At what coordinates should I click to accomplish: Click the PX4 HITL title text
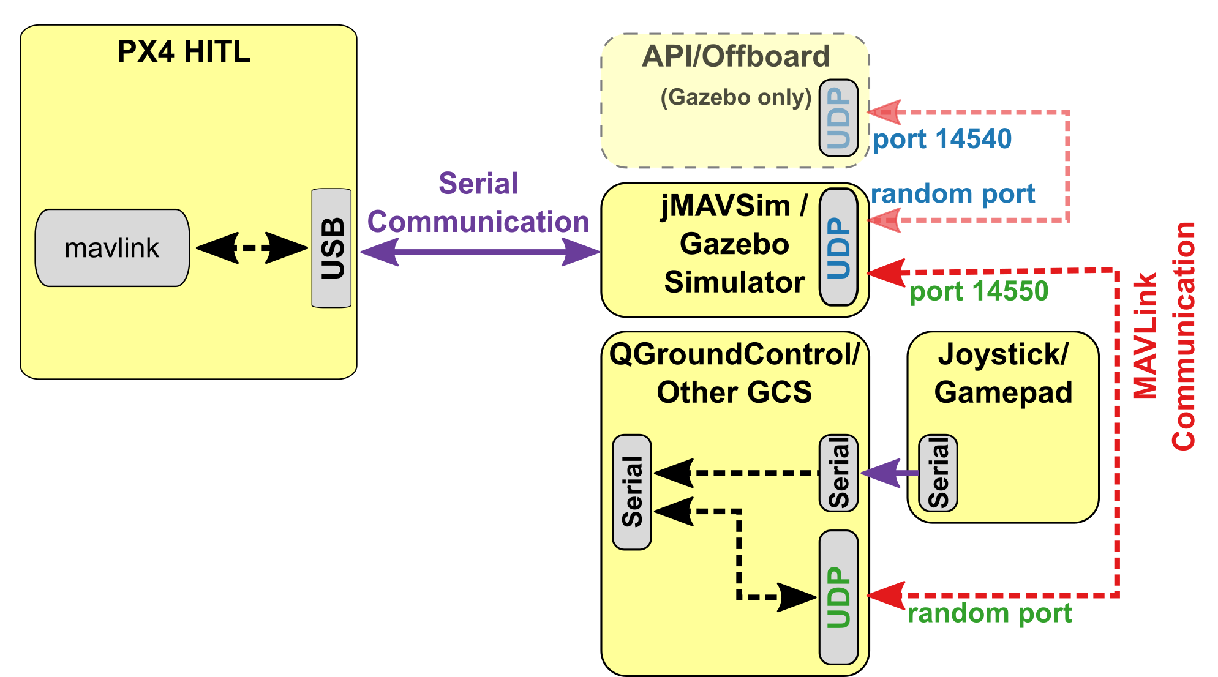(x=184, y=52)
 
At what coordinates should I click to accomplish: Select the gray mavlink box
(x=112, y=248)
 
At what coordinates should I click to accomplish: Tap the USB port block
(x=331, y=248)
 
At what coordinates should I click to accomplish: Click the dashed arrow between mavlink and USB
(x=252, y=248)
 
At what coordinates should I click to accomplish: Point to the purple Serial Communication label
(x=478, y=203)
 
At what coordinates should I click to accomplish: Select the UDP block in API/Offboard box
(x=838, y=118)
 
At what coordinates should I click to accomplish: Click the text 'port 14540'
(x=942, y=139)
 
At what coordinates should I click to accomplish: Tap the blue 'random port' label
(x=952, y=194)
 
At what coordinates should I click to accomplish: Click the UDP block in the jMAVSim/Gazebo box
(x=838, y=247)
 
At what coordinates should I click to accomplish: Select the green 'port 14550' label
(x=979, y=291)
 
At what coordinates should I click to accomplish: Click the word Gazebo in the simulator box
(x=734, y=244)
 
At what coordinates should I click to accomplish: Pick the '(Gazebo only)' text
(x=735, y=97)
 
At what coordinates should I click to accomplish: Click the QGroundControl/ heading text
(x=734, y=354)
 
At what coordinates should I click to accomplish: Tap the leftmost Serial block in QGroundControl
(x=632, y=492)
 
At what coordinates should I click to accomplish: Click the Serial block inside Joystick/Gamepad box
(x=938, y=473)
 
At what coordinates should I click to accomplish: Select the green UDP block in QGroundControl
(x=838, y=597)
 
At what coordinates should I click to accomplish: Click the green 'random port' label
(x=989, y=613)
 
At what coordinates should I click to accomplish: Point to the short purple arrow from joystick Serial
(x=889, y=473)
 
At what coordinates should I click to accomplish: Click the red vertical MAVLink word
(x=1145, y=335)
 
